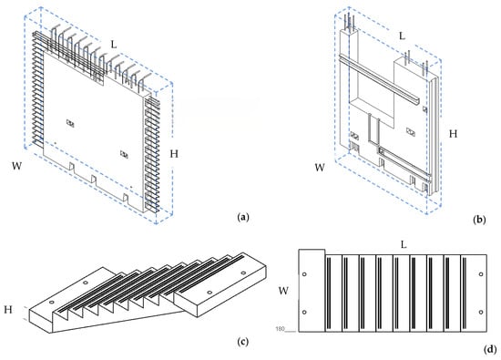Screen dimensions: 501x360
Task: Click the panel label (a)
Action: coord(243,218)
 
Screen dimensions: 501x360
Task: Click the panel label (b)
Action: coord(479,220)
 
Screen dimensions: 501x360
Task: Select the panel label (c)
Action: coord(243,342)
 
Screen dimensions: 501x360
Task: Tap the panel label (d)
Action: coord(490,349)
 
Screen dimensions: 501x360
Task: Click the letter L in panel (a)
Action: coord(114,45)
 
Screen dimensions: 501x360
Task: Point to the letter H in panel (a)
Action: coord(174,154)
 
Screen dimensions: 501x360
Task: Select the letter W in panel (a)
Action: coord(17,166)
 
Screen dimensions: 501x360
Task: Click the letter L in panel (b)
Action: coord(403,36)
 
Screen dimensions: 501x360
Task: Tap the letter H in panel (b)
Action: coord(453,134)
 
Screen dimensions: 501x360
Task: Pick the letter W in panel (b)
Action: coord(320,168)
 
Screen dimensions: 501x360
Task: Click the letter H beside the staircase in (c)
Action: coord(8,310)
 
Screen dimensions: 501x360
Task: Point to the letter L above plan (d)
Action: coord(404,245)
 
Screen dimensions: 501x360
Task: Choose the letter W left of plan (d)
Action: coord(283,291)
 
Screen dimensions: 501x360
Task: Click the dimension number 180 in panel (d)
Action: coord(280,329)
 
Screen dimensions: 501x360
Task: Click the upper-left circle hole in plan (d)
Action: coord(304,274)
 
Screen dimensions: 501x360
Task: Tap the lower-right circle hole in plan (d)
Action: coord(481,312)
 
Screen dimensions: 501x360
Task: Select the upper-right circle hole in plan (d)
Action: coord(481,274)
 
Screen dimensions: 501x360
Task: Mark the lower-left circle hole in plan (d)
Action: coord(304,313)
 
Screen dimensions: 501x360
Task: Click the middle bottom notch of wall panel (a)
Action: coord(94,179)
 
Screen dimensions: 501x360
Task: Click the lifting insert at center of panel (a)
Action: coord(70,123)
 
